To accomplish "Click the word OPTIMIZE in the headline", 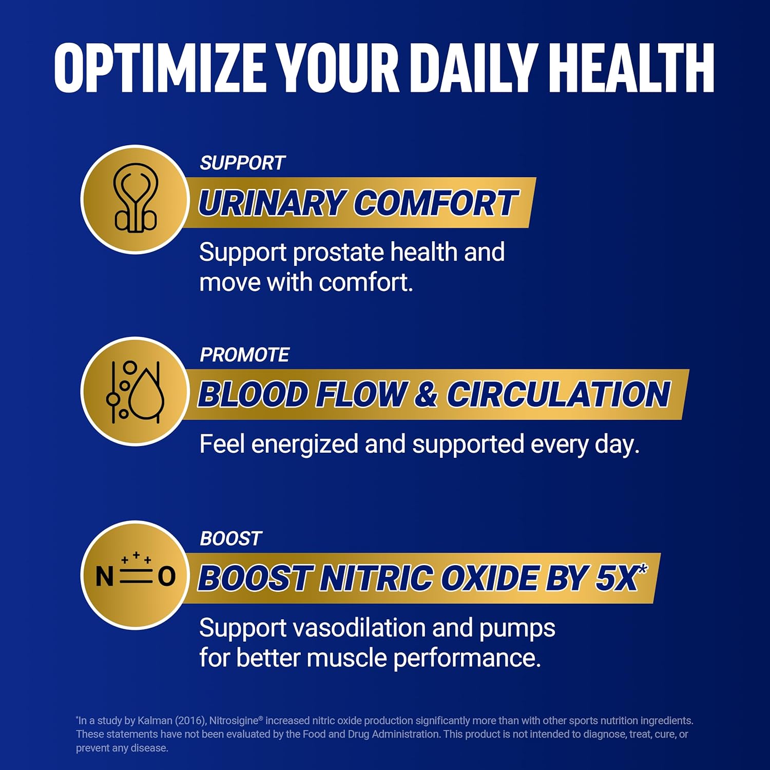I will click(x=159, y=68).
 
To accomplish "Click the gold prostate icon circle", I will click(x=135, y=199).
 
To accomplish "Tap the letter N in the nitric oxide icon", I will click(x=104, y=576).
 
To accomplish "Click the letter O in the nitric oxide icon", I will click(x=166, y=576).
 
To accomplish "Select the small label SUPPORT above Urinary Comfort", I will click(x=242, y=163).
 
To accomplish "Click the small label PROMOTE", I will click(x=244, y=355).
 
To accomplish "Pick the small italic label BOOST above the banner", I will click(x=230, y=538).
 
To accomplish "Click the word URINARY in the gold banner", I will click(x=271, y=203).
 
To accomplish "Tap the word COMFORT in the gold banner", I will click(x=436, y=203).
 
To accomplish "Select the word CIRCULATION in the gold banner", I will click(x=558, y=394).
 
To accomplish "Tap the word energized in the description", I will click(x=304, y=444).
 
